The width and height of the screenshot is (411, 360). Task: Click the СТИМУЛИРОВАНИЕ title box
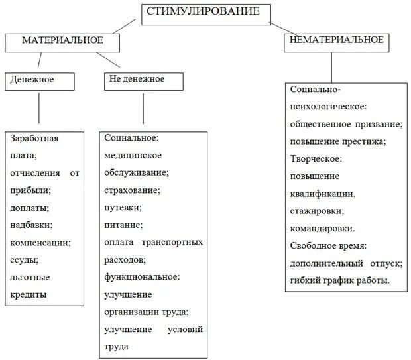pos(207,14)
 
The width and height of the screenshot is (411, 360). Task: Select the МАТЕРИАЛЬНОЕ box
pos(63,42)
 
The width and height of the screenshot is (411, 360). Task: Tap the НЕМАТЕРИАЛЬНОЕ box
pos(337,42)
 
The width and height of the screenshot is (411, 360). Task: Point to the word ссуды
pos(24,259)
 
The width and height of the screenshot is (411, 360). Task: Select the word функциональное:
pos(142,276)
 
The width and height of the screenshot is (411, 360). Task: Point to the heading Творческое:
pos(316,159)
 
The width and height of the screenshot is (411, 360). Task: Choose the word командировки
pos(322,228)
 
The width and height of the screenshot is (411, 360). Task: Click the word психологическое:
pos(328,106)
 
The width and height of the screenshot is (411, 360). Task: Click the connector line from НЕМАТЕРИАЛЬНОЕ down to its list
pos(332,68)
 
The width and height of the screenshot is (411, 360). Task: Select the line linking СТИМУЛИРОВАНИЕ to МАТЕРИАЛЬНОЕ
pos(126,27)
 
